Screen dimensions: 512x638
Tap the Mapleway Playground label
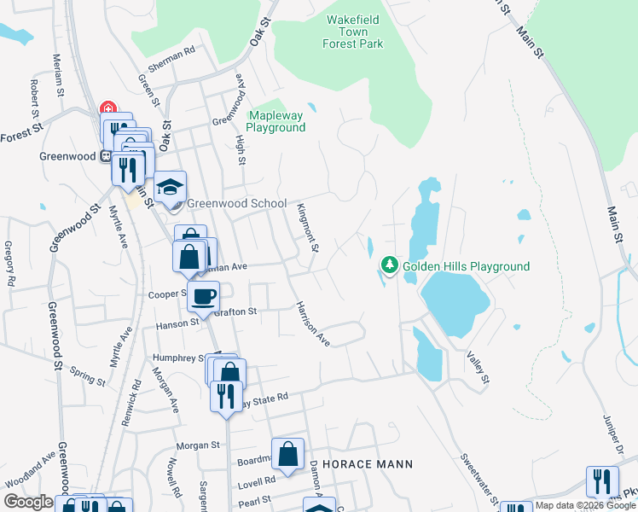pyautogui.click(x=275, y=121)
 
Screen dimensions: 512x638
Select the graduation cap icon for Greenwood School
pyautogui.click(x=170, y=188)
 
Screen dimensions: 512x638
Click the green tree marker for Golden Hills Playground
pyautogui.click(x=390, y=266)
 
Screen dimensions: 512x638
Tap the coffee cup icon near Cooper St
pyautogui.click(x=203, y=297)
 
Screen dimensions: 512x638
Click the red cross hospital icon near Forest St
pyautogui.click(x=108, y=108)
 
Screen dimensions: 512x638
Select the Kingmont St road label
pyautogui.click(x=307, y=228)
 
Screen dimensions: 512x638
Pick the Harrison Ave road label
pyautogui.click(x=313, y=323)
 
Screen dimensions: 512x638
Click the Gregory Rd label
pyautogui.click(x=9, y=263)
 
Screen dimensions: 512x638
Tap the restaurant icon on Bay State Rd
pyautogui.click(x=226, y=396)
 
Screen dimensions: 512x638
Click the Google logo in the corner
pyautogui.click(x=28, y=502)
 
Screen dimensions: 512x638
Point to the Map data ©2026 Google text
pyautogui.click(x=585, y=505)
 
